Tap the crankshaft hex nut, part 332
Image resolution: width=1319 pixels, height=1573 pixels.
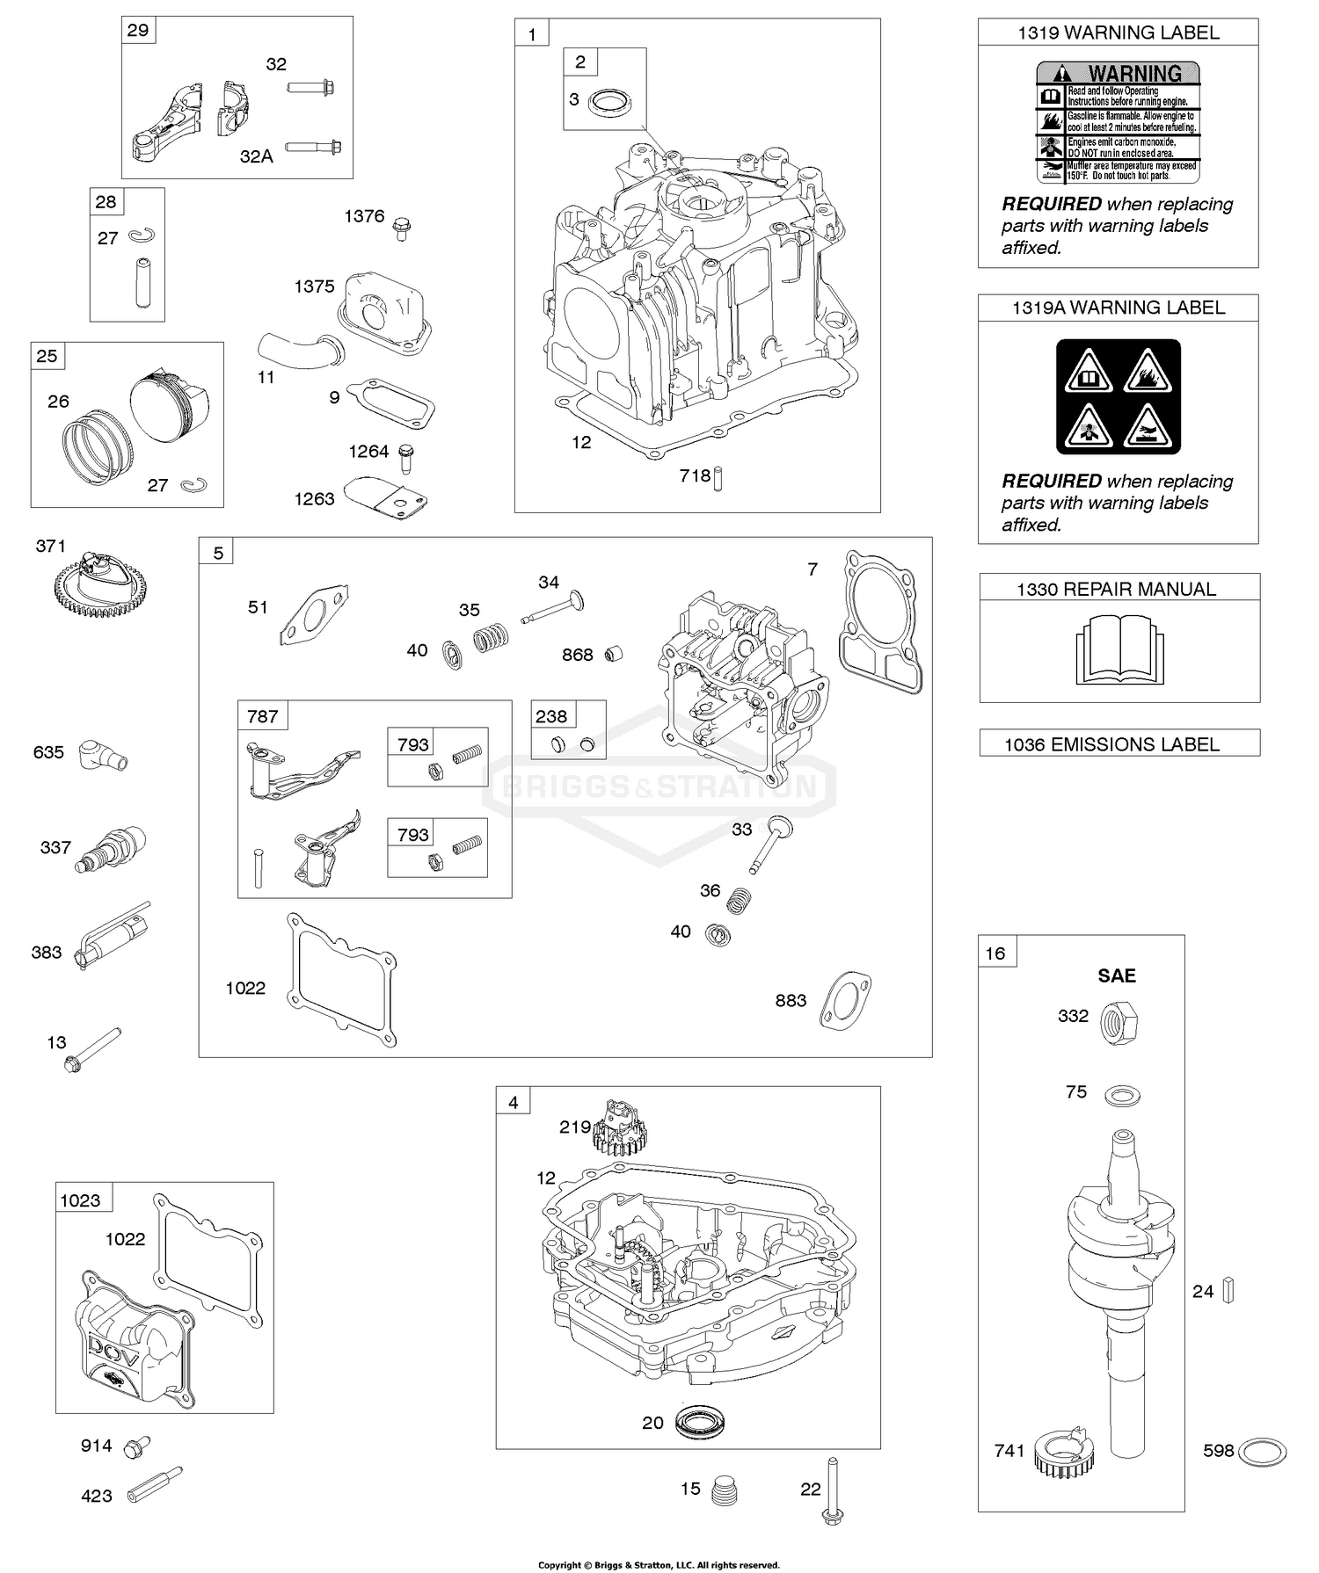1120,1022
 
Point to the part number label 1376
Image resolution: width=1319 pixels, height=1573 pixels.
364,216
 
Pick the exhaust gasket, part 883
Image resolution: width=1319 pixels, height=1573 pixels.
845,1000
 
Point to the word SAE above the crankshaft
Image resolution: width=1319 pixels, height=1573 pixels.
1117,975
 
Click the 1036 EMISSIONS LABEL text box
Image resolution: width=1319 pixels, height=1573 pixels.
1119,743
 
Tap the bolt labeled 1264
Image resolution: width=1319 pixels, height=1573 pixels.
405,457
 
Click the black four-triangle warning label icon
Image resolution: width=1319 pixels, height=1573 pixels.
1118,396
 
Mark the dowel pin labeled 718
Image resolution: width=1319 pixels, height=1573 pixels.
718,478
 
